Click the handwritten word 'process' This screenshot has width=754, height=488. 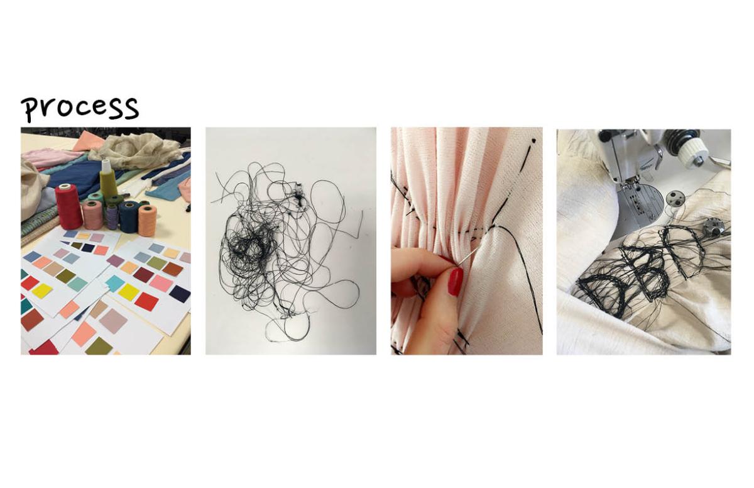tap(80, 109)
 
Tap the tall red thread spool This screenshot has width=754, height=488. tap(68, 206)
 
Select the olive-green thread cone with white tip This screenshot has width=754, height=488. tap(108, 179)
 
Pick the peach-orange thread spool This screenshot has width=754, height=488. tap(148, 220)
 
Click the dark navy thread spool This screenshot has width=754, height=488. tap(129, 216)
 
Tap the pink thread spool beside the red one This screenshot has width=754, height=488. tap(92, 214)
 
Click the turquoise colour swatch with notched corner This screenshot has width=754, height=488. tap(116, 283)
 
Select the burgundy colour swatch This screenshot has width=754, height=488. tap(143, 275)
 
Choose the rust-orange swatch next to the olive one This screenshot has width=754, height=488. tap(172, 269)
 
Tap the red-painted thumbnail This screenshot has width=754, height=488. tap(456, 282)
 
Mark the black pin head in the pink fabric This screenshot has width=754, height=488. tap(533, 140)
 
